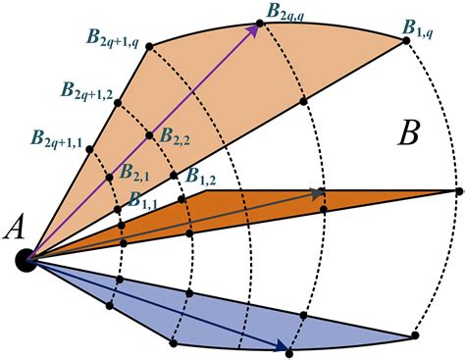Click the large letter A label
click(16, 228)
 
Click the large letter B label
click(409, 134)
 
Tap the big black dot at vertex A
click(26, 259)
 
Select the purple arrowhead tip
click(260, 26)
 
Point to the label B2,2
click(178, 136)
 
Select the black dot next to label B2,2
click(149, 134)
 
